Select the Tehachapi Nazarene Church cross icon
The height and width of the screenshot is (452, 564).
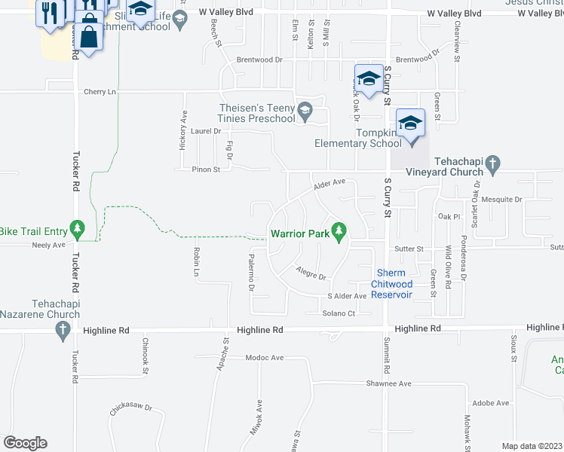(64, 329)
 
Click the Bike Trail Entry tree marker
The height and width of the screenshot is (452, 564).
(76, 227)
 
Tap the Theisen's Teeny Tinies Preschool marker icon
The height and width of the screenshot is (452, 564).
(305, 111)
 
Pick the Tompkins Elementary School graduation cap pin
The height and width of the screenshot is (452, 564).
(410, 124)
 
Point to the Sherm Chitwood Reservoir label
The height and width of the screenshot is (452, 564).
(391, 284)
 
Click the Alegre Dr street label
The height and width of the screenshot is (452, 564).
(311, 274)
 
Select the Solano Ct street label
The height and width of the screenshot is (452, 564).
(339, 313)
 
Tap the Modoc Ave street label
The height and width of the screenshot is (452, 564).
(263, 359)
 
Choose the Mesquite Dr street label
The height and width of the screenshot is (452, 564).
(502, 200)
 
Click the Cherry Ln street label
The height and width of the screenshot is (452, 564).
(101, 92)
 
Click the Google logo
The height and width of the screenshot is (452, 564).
(25, 443)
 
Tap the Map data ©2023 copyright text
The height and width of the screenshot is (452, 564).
(532, 446)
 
